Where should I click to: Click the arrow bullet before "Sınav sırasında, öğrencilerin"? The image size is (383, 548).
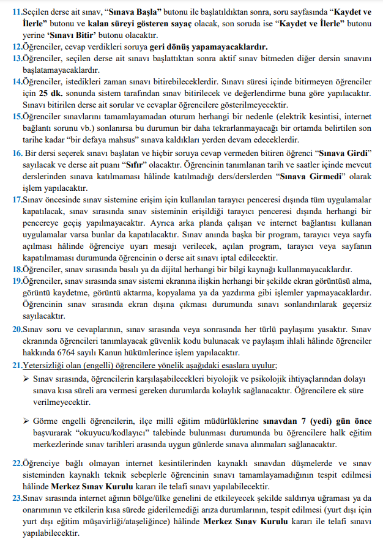(26, 379)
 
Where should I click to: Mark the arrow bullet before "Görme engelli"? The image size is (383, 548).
(26, 421)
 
